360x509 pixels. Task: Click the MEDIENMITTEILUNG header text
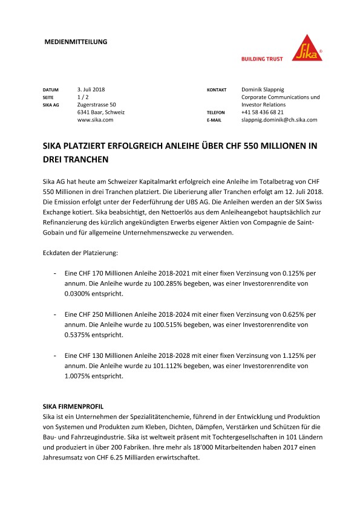click(76, 42)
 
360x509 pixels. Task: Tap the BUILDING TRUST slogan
click(263, 59)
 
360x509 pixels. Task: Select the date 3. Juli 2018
click(91, 89)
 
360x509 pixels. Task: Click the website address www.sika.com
click(95, 120)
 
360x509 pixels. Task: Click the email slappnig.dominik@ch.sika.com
click(279, 120)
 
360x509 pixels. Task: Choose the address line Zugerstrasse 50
click(97, 105)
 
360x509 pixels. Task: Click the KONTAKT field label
click(217, 89)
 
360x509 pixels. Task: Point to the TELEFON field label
click(216, 112)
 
